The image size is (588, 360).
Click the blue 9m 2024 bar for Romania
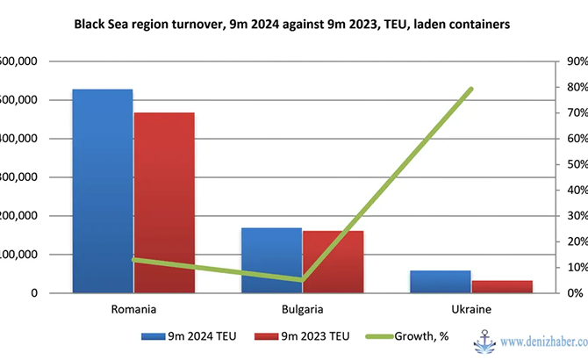pos(102,190)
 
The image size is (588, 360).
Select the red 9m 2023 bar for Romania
pos(164,202)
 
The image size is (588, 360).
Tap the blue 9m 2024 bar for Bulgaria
pos(271,260)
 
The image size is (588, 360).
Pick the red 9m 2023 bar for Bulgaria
pos(333,262)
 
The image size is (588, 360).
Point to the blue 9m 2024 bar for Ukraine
pos(440,281)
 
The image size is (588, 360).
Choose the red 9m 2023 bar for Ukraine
pos(502,286)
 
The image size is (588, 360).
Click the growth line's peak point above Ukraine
pos(471,89)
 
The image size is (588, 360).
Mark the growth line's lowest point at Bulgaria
pos(302,280)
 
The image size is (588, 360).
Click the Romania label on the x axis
pos(133,309)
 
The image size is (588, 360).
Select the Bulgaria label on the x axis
pos(302,309)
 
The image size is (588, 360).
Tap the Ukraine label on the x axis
pos(471,309)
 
